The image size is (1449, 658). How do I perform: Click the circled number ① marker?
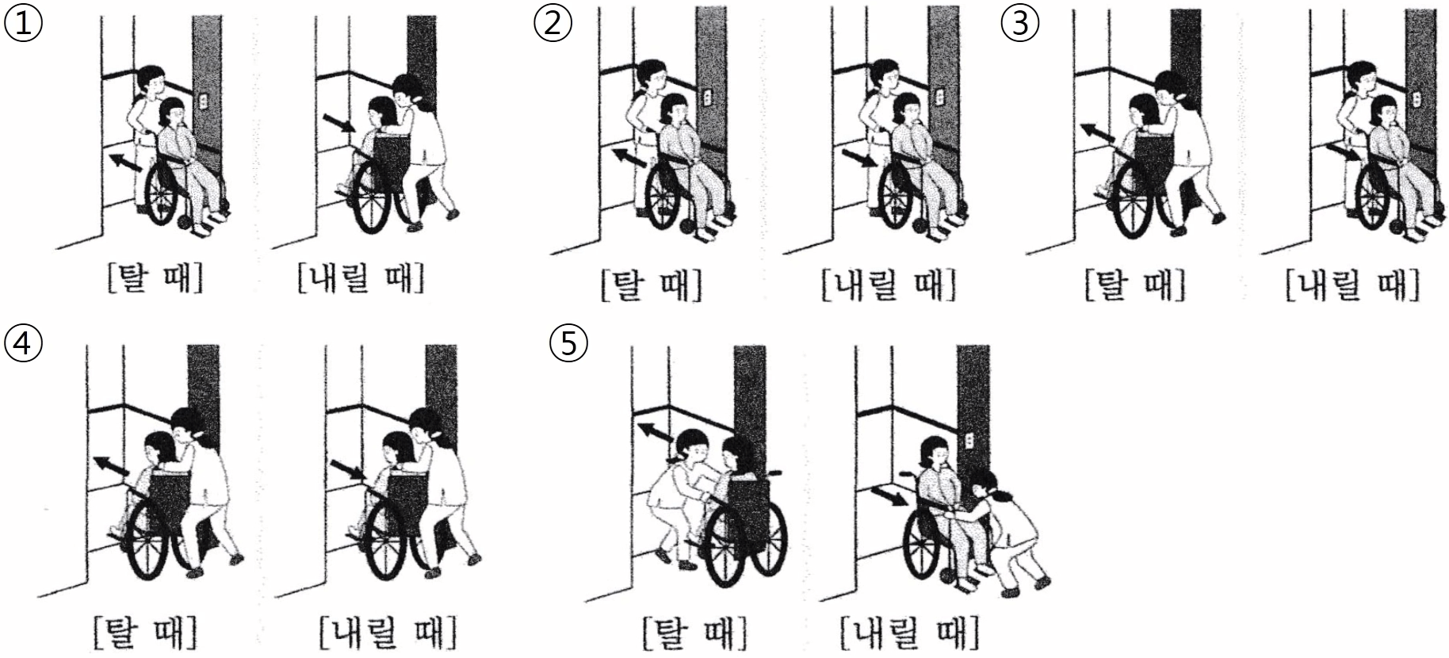[22, 23]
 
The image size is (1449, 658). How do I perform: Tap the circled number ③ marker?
[1021, 23]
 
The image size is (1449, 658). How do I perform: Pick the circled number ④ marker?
[22, 343]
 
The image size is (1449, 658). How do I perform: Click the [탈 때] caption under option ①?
[155, 279]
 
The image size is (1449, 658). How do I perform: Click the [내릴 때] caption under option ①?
[360, 279]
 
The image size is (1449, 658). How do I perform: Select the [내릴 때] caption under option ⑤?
[910, 632]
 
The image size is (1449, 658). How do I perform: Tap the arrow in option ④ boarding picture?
[111, 465]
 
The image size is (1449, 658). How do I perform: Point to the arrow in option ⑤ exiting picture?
[889, 496]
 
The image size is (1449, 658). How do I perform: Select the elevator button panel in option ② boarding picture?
[708, 97]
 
